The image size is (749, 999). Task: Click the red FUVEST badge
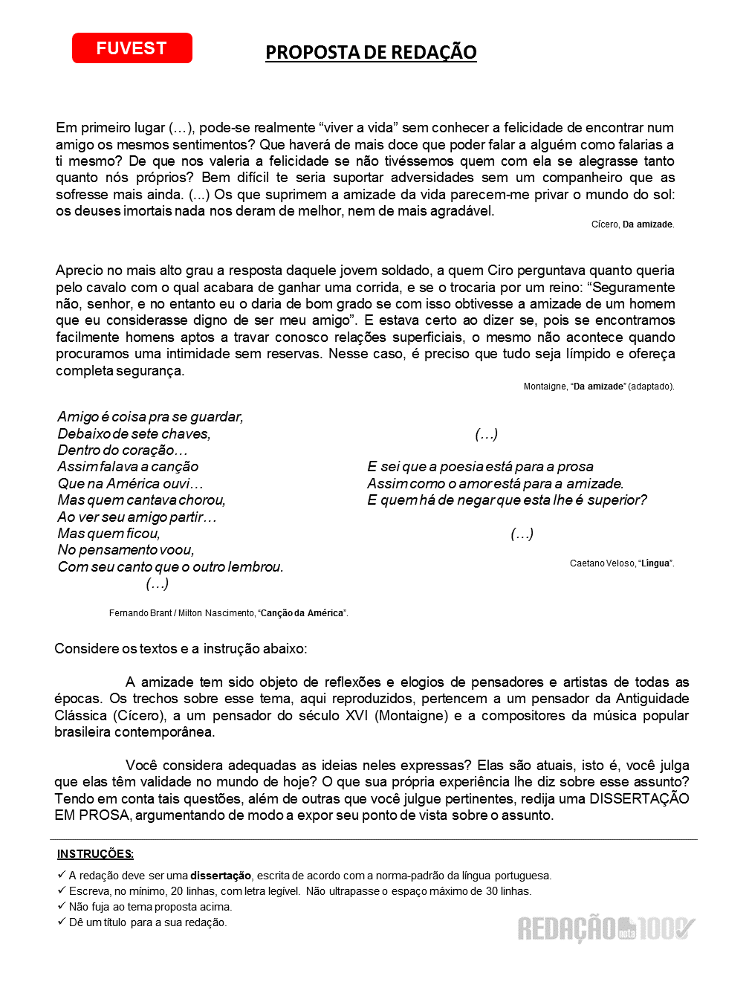[x=132, y=48]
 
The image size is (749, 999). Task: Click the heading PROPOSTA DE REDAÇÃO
[x=371, y=53]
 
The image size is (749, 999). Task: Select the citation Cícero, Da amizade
[x=632, y=224]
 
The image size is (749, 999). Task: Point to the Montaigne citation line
[x=599, y=387]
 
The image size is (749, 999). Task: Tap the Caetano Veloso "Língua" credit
[x=622, y=563]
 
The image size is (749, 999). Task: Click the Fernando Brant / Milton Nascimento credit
[x=228, y=613]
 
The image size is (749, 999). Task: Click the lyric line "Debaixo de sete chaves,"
[x=134, y=434]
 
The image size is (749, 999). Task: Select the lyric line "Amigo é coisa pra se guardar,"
[x=150, y=417]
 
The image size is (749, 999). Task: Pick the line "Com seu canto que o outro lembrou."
[x=170, y=567]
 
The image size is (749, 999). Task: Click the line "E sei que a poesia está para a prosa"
[x=480, y=467]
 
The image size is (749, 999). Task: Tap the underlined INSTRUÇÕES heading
[x=95, y=855]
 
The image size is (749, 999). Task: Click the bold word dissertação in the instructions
[x=221, y=876]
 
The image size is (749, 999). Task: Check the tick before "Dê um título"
[x=62, y=922]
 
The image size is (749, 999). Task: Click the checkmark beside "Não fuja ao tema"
[x=62, y=907]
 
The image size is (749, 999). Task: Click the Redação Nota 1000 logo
[x=606, y=928]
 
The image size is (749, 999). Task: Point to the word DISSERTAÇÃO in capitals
[x=639, y=799]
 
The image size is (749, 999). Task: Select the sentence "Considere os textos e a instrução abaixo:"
[x=181, y=649]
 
